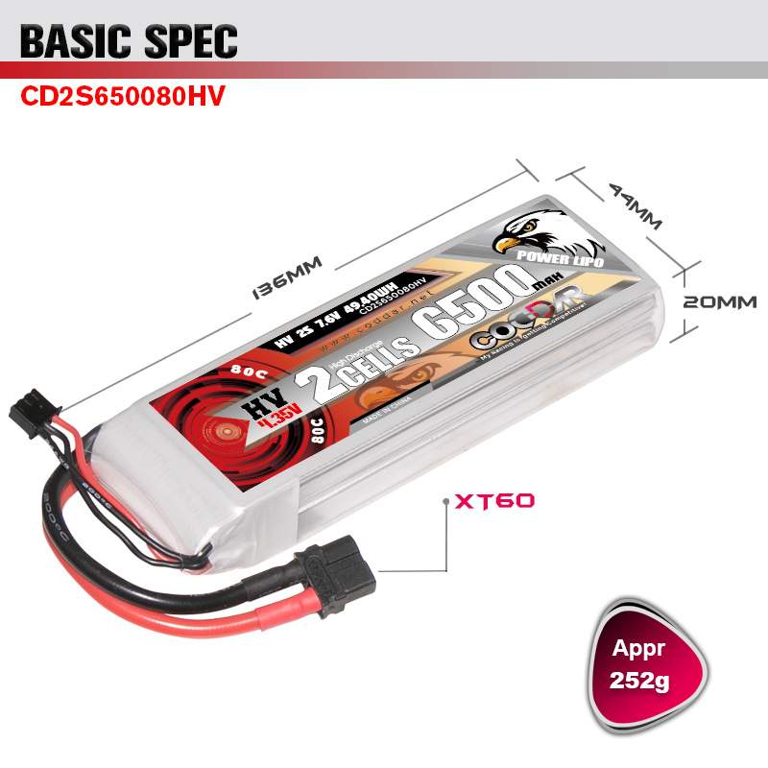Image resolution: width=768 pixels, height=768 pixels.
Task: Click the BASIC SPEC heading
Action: pos(129,40)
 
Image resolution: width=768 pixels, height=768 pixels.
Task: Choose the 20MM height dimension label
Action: pos(719,301)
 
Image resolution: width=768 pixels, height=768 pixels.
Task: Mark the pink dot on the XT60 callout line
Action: pos(445,501)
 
